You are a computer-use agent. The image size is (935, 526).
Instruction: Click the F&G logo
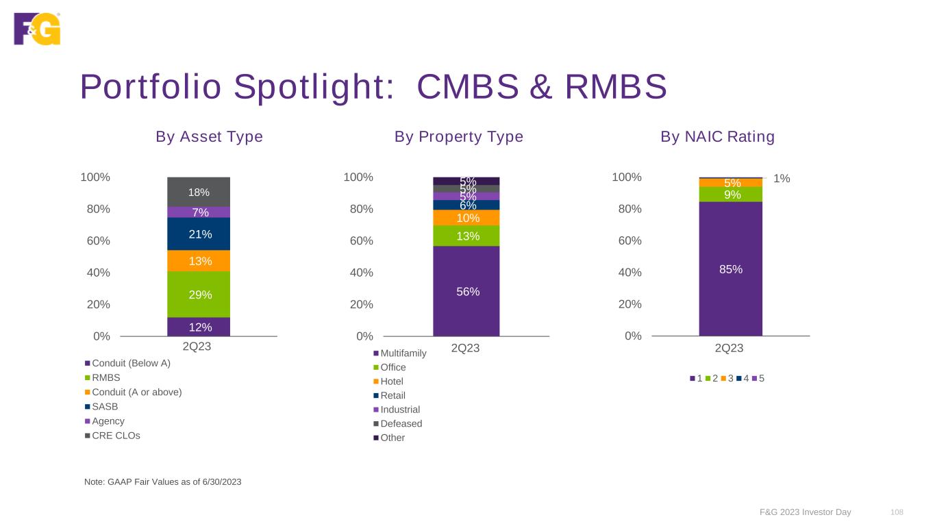(x=37, y=29)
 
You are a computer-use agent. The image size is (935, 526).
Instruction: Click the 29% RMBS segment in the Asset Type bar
(x=199, y=295)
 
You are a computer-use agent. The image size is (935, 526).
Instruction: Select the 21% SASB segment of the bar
(x=199, y=234)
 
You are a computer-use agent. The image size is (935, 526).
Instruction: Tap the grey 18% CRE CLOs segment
(x=199, y=192)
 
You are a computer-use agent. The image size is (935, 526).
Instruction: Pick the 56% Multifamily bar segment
(x=466, y=291)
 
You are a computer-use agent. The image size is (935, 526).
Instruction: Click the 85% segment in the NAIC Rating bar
(x=730, y=269)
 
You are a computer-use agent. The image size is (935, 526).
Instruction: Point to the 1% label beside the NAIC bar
(x=782, y=179)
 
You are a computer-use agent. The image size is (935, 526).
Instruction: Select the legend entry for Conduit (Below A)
(x=131, y=363)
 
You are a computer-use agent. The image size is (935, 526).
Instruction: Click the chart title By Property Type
(x=458, y=137)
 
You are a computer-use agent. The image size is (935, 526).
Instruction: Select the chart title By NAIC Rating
(x=717, y=137)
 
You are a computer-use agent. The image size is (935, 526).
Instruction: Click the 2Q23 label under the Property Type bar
(x=465, y=348)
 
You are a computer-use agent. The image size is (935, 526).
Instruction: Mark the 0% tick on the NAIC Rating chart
(x=633, y=336)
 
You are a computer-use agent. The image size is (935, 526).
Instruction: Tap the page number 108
(x=897, y=512)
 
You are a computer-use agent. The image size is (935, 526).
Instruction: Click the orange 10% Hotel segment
(x=466, y=218)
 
